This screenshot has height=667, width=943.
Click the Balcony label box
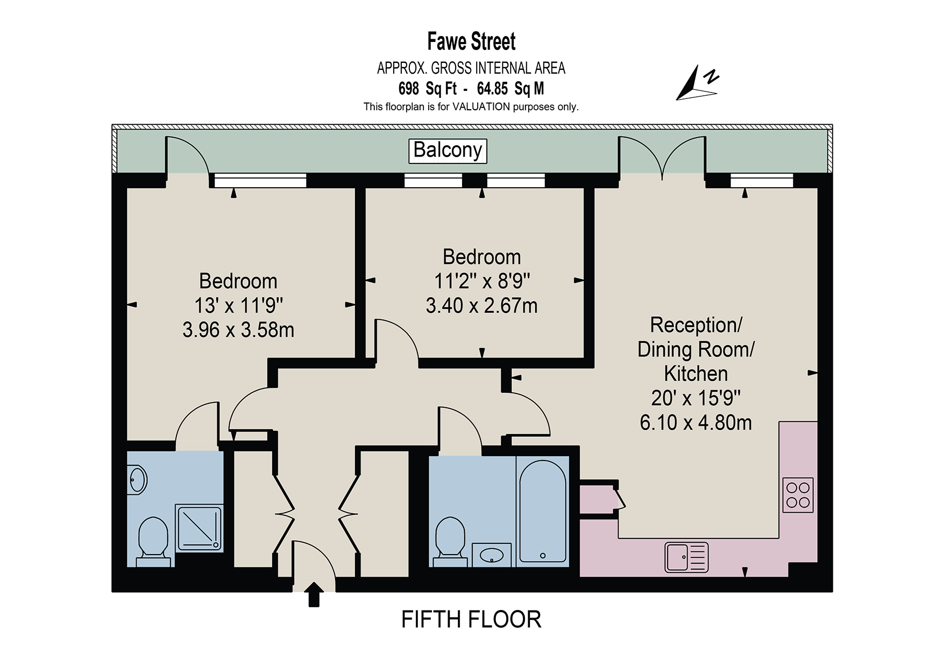448,151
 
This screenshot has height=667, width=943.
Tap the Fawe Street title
471,41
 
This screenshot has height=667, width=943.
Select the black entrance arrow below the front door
314,595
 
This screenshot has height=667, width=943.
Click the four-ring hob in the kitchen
798,495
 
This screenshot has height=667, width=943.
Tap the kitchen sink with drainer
686,557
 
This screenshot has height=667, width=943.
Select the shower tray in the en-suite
199,528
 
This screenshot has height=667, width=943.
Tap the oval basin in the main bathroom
491,555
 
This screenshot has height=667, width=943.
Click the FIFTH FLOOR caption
471,620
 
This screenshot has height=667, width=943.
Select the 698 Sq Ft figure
427,88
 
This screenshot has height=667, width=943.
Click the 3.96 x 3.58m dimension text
238,330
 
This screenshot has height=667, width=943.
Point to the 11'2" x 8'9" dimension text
482,281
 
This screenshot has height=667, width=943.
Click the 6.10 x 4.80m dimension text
696,423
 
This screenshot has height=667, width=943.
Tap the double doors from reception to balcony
662,156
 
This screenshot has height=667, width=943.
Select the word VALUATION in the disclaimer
481,107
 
